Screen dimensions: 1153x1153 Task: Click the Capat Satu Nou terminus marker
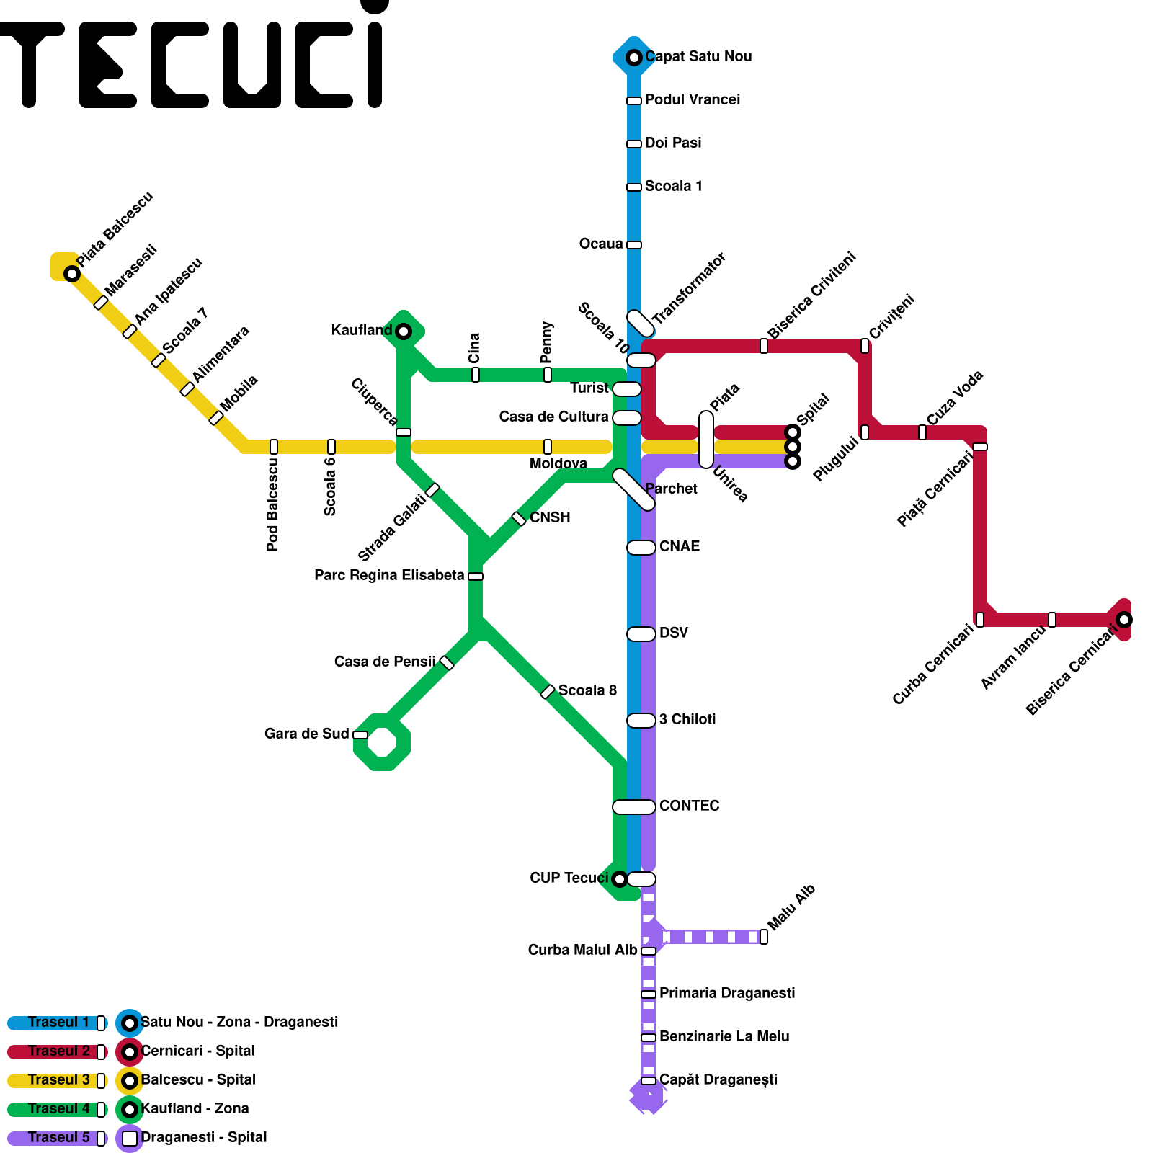pyautogui.click(x=634, y=58)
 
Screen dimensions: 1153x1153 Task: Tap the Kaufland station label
pyautogui.click(x=361, y=330)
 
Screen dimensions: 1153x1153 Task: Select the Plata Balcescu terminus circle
pyautogui.click(x=71, y=274)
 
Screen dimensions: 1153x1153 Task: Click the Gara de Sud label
pyautogui.click(x=306, y=734)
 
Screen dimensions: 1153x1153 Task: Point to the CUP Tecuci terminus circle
pyautogui.click(x=619, y=879)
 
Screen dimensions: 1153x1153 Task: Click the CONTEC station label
pyautogui.click(x=689, y=806)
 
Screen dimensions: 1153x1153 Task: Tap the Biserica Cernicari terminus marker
pyautogui.click(x=1123, y=620)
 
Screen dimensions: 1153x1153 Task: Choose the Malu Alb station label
pyautogui.click(x=791, y=907)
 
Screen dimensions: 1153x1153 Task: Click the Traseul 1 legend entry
pyautogui.click(x=58, y=1023)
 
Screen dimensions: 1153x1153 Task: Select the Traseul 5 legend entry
pyautogui.click(x=58, y=1138)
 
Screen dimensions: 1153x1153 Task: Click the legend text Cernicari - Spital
pyautogui.click(x=198, y=1051)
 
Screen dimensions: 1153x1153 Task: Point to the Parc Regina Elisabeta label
pyautogui.click(x=389, y=575)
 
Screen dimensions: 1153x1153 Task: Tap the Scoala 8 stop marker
pyautogui.click(x=548, y=692)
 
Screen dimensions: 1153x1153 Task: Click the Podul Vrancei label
pyautogui.click(x=692, y=99)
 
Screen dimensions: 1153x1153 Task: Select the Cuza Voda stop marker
pyautogui.click(x=922, y=432)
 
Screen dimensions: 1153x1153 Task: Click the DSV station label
pyautogui.click(x=673, y=633)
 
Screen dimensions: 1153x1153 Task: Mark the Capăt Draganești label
pyautogui.click(x=718, y=1079)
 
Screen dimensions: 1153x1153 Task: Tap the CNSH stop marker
pyautogui.click(x=519, y=519)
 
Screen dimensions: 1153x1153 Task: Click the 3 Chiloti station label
pyautogui.click(x=687, y=719)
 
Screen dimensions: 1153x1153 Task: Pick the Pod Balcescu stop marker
pyautogui.click(x=274, y=447)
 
